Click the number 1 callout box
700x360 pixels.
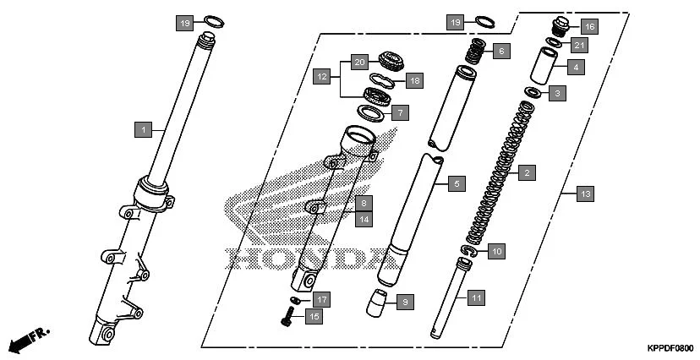coord(145,129)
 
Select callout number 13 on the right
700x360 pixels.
coord(585,194)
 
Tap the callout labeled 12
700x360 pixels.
coord(322,77)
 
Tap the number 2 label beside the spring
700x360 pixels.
coord(526,173)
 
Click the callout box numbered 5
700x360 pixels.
coord(456,183)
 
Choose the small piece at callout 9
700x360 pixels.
coord(378,302)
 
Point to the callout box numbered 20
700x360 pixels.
coord(359,62)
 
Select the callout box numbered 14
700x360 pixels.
coord(363,219)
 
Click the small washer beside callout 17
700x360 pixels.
coord(295,300)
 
